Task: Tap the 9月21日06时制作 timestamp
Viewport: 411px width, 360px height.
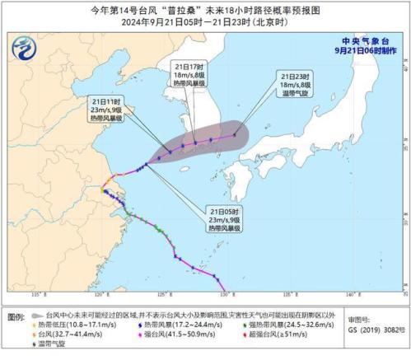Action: [365, 49]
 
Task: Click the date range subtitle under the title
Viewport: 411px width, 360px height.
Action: [205, 21]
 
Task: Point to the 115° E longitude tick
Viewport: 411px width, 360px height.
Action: [37, 294]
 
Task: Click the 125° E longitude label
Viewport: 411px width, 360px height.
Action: [164, 294]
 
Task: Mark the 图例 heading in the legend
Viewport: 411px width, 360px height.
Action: [15, 316]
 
